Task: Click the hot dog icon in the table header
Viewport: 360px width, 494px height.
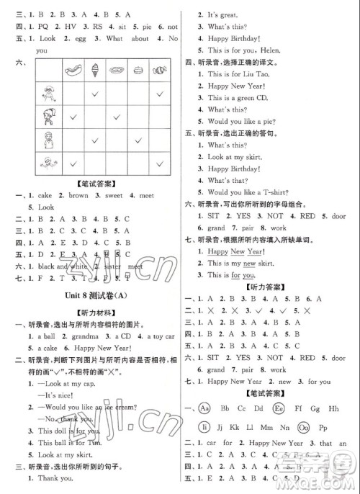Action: pyautogui.click(x=73, y=71)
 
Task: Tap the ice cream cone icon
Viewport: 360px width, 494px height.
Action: pyautogui.click(x=95, y=71)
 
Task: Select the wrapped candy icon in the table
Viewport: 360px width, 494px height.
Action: pyautogui.click(x=159, y=70)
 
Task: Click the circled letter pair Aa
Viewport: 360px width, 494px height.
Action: pyautogui.click(x=207, y=407)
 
